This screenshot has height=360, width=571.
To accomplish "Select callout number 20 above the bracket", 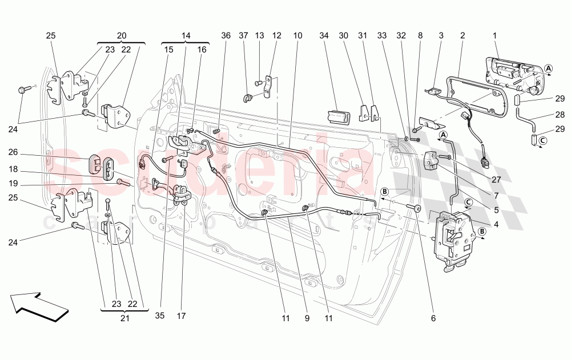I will coord(121,36).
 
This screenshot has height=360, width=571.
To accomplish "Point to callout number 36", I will coord(226,36).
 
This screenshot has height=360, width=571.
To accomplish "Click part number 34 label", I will coord(324,36).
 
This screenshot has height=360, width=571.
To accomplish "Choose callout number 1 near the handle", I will coord(494,36).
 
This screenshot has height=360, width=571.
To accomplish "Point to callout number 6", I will coord(433,318).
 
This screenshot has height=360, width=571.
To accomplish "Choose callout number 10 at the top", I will coord(297,36).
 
